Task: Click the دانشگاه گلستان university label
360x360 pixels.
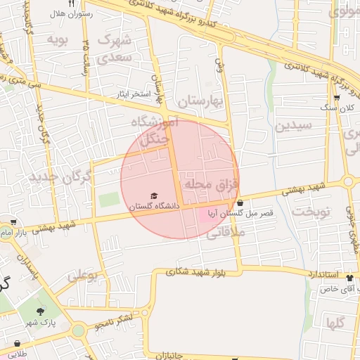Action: click(153, 206)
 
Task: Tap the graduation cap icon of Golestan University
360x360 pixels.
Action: click(154, 195)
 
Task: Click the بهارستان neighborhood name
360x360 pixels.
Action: click(200, 103)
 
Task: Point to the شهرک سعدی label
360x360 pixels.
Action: click(115, 48)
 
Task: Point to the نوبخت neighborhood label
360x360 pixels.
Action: click(311, 212)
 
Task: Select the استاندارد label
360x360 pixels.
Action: click(323, 274)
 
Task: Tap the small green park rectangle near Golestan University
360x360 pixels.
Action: click(109, 199)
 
